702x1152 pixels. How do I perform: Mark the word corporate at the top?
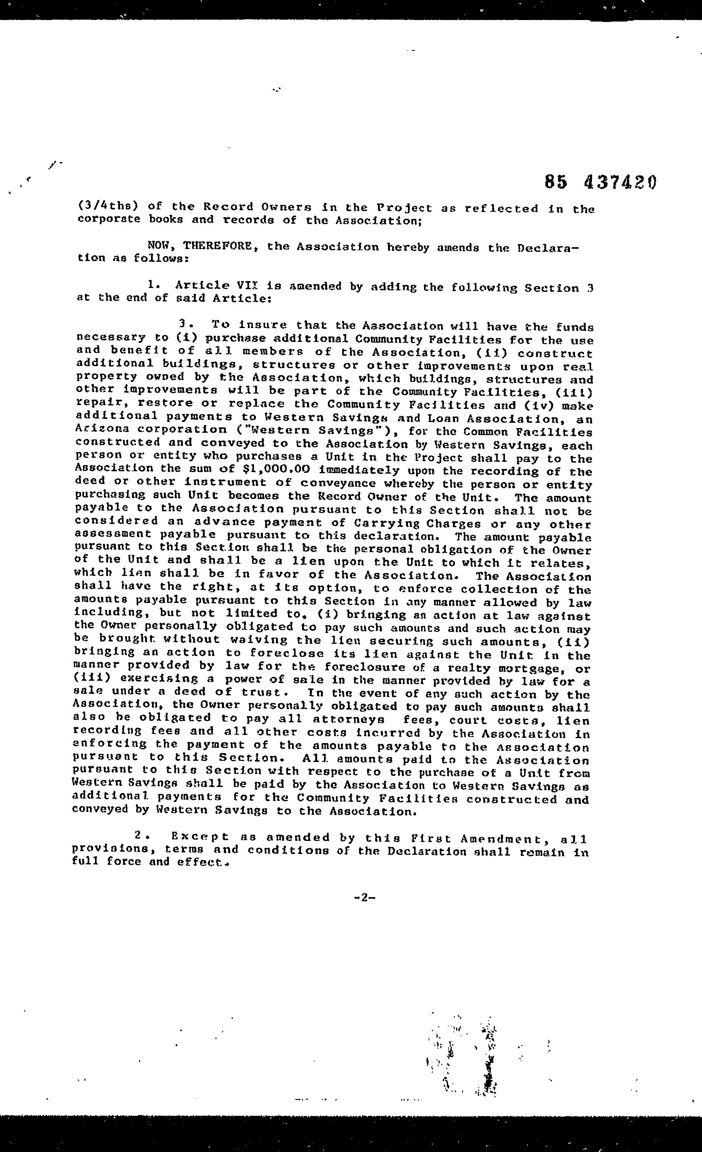tap(109, 219)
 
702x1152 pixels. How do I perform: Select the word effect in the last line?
tap(199, 862)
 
